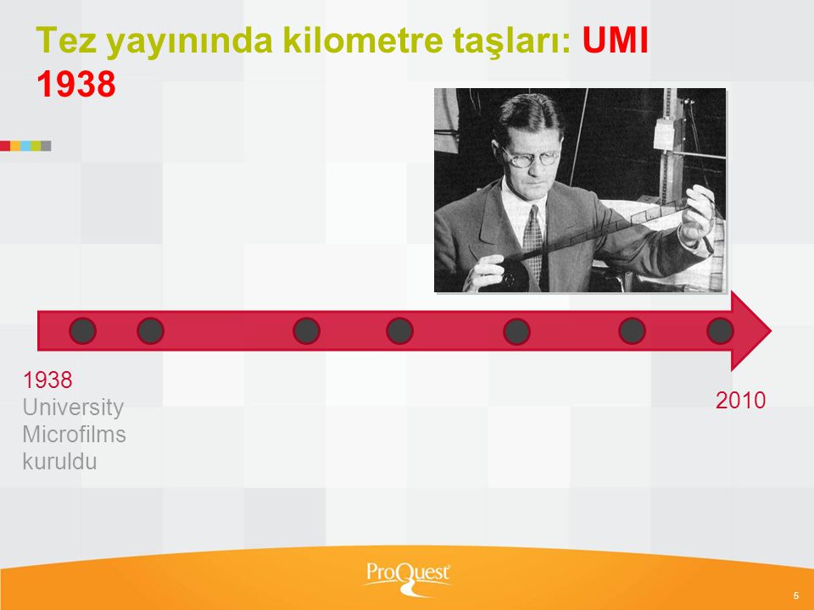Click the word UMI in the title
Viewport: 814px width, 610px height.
tap(616, 40)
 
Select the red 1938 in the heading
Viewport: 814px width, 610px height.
tap(75, 84)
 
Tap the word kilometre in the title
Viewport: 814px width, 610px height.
tap(364, 40)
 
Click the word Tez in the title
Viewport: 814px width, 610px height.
tap(66, 40)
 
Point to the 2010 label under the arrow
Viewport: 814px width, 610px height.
tap(740, 401)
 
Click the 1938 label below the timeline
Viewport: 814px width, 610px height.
tap(47, 380)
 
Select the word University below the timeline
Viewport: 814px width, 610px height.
tap(73, 408)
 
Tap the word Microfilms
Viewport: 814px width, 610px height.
tap(75, 434)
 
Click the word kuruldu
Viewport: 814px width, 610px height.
tap(59, 461)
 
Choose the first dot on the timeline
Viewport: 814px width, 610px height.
tap(82, 331)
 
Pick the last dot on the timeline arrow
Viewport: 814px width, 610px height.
tap(720, 331)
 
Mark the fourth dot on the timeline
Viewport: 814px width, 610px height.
tap(399, 331)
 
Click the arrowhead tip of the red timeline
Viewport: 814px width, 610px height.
tap(772, 331)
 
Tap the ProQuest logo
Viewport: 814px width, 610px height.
tap(408, 577)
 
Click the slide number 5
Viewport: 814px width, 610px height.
tap(796, 596)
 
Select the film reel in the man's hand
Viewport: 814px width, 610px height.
tap(516, 275)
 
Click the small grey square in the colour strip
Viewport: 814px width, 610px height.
tap(46, 146)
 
